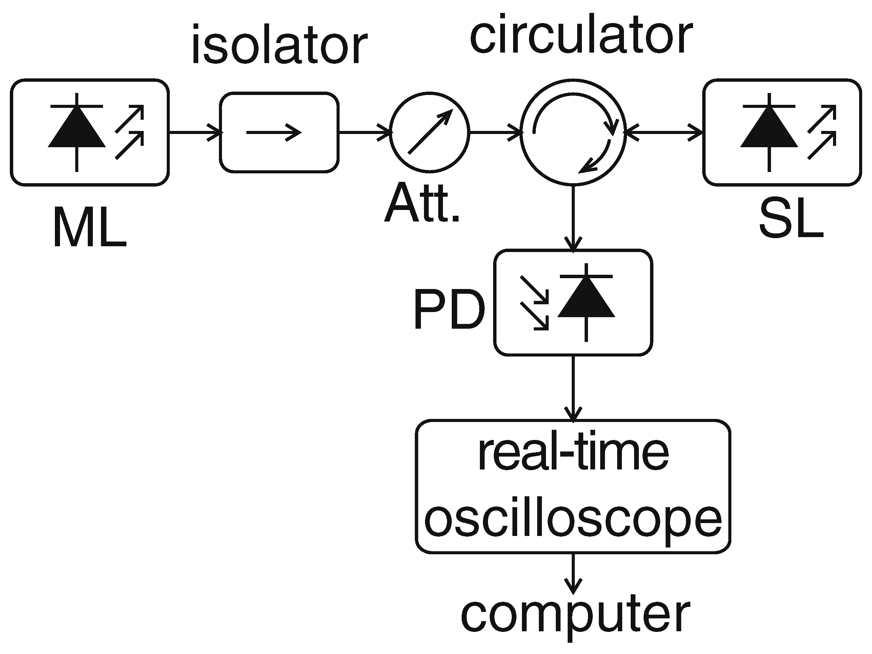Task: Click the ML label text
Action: click(x=89, y=227)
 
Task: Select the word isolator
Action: click(x=280, y=44)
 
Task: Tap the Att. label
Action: click(x=422, y=203)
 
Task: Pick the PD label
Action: click(x=449, y=309)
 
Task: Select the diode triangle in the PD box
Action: click(x=586, y=297)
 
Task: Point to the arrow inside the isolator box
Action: click(x=274, y=133)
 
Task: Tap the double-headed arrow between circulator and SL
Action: click(x=664, y=132)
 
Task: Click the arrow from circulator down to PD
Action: click(x=573, y=217)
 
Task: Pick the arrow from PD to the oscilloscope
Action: click(x=573, y=388)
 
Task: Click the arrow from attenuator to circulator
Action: click(x=496, y=132)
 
